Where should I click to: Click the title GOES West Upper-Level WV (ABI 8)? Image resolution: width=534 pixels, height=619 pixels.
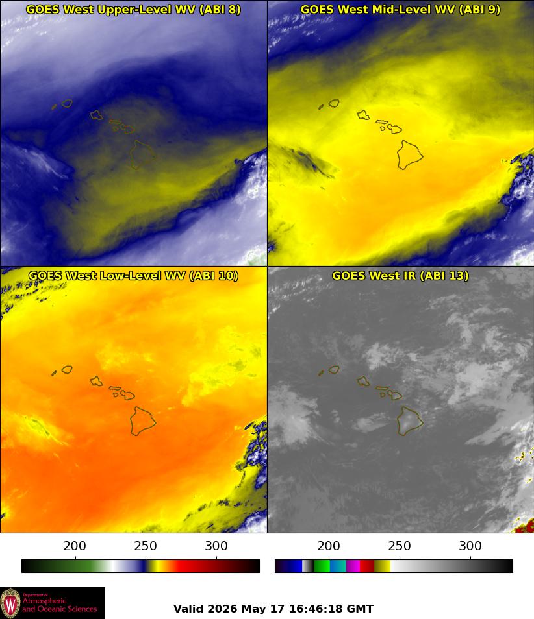click(x=133, y=9)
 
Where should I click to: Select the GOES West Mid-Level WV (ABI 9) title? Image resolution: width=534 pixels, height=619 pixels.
click(x=400, y=9)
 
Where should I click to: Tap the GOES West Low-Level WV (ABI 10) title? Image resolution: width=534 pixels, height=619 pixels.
click(x=133, y=275)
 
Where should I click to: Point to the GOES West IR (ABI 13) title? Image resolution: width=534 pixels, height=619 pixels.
click(x=400, y=275)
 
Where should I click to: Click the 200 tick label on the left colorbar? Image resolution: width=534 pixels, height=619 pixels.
click(x=75, y=546)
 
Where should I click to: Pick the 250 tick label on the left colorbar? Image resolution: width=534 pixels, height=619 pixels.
click(x=146, y=546)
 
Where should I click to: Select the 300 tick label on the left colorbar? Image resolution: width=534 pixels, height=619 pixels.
click(x=216, y=546)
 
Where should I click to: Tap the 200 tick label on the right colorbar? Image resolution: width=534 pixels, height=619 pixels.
click(x=329, y=546)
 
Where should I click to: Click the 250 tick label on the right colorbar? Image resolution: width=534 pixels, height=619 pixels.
click(x=400, y=546)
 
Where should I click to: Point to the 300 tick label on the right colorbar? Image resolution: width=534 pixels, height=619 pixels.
click(x=470, y=546)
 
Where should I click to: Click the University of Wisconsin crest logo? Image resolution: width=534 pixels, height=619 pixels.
click(x=10, y=603)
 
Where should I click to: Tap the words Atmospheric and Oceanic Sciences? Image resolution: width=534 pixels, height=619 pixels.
click(x=60, y=605)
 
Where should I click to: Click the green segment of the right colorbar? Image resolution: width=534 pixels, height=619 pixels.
click(x=322, y=566)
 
